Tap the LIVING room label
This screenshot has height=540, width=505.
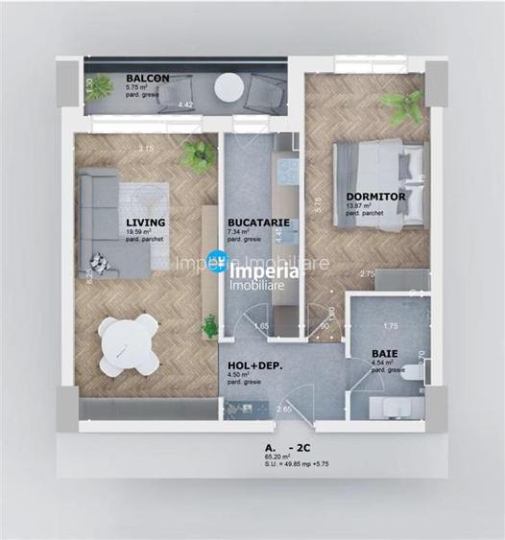(145, 223)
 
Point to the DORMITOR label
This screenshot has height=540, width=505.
(375, 196)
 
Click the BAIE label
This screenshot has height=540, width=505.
(385, 353)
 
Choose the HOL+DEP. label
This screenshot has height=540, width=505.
(255, 365)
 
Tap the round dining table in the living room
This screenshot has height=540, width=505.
(128, 343)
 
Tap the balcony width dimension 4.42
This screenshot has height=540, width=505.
(187, 105)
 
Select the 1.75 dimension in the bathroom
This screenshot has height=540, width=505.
(390, 325)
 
